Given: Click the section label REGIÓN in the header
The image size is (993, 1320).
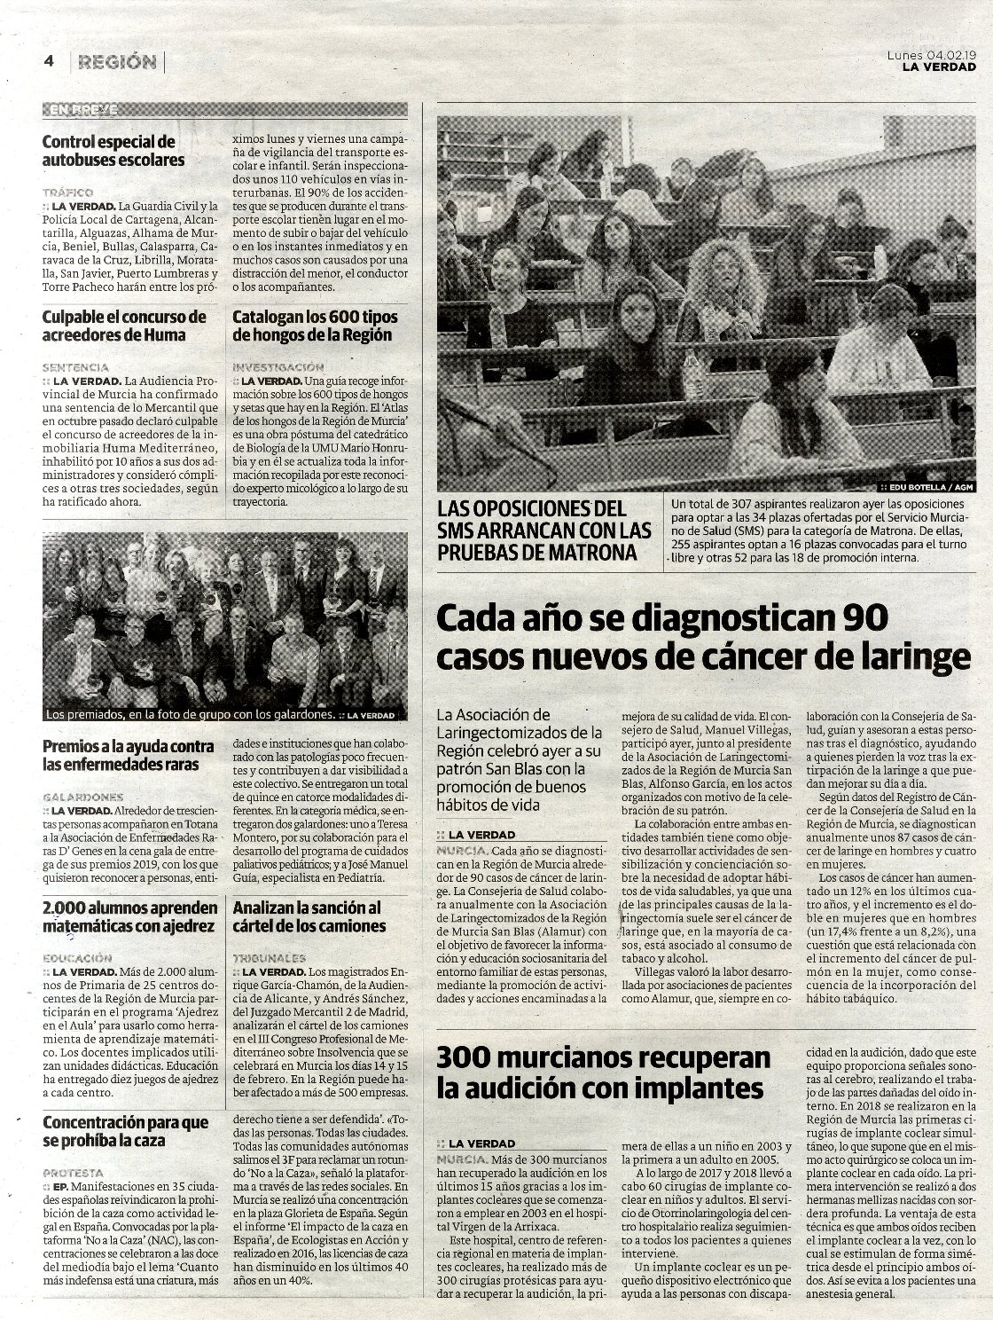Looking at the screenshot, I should click(116, 62).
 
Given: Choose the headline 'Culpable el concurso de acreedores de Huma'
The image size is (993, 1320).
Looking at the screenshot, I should click(124, 326).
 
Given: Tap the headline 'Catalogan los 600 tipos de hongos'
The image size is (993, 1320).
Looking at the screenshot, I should click(315, 326).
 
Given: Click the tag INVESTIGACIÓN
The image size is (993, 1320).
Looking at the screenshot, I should click(278, 366).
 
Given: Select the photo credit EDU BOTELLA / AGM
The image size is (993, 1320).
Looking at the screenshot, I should click(933, 487).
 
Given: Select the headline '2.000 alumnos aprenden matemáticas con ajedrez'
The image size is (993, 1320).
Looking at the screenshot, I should click(130, 916).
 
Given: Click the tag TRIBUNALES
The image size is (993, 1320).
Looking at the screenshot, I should click(270, 958).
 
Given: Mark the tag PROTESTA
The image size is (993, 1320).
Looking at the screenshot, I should click(73, 1172).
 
